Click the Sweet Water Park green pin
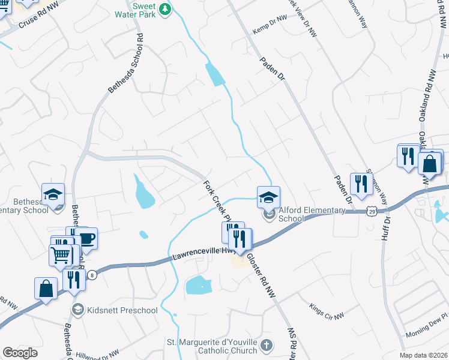[x=166, y=8]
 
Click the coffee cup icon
[x=86, y=238]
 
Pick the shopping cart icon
[x=61, y=255]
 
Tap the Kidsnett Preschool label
[x=122, y=310]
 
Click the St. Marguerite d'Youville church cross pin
[x=268, y=346]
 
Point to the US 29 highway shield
[x=373, y=212]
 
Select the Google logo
[x=20, y=353]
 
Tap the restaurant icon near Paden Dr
[x=361, y=183]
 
